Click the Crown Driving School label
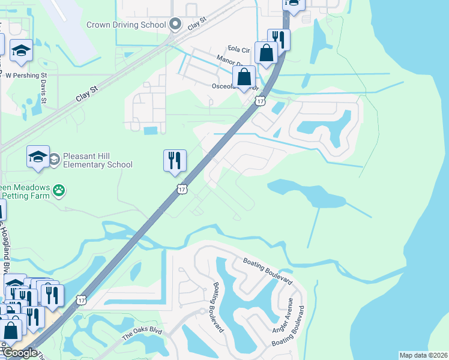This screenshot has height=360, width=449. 125,25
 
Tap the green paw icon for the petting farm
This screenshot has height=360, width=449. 59,191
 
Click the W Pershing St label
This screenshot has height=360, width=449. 26,76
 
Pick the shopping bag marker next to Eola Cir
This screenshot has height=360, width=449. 265,53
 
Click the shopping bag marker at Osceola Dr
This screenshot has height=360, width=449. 244,77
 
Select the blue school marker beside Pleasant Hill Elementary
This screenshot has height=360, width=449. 38,157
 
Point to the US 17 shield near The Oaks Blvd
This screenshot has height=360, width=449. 81,299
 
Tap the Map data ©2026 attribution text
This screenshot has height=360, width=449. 423,355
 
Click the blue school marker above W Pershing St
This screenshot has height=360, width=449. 22,52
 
